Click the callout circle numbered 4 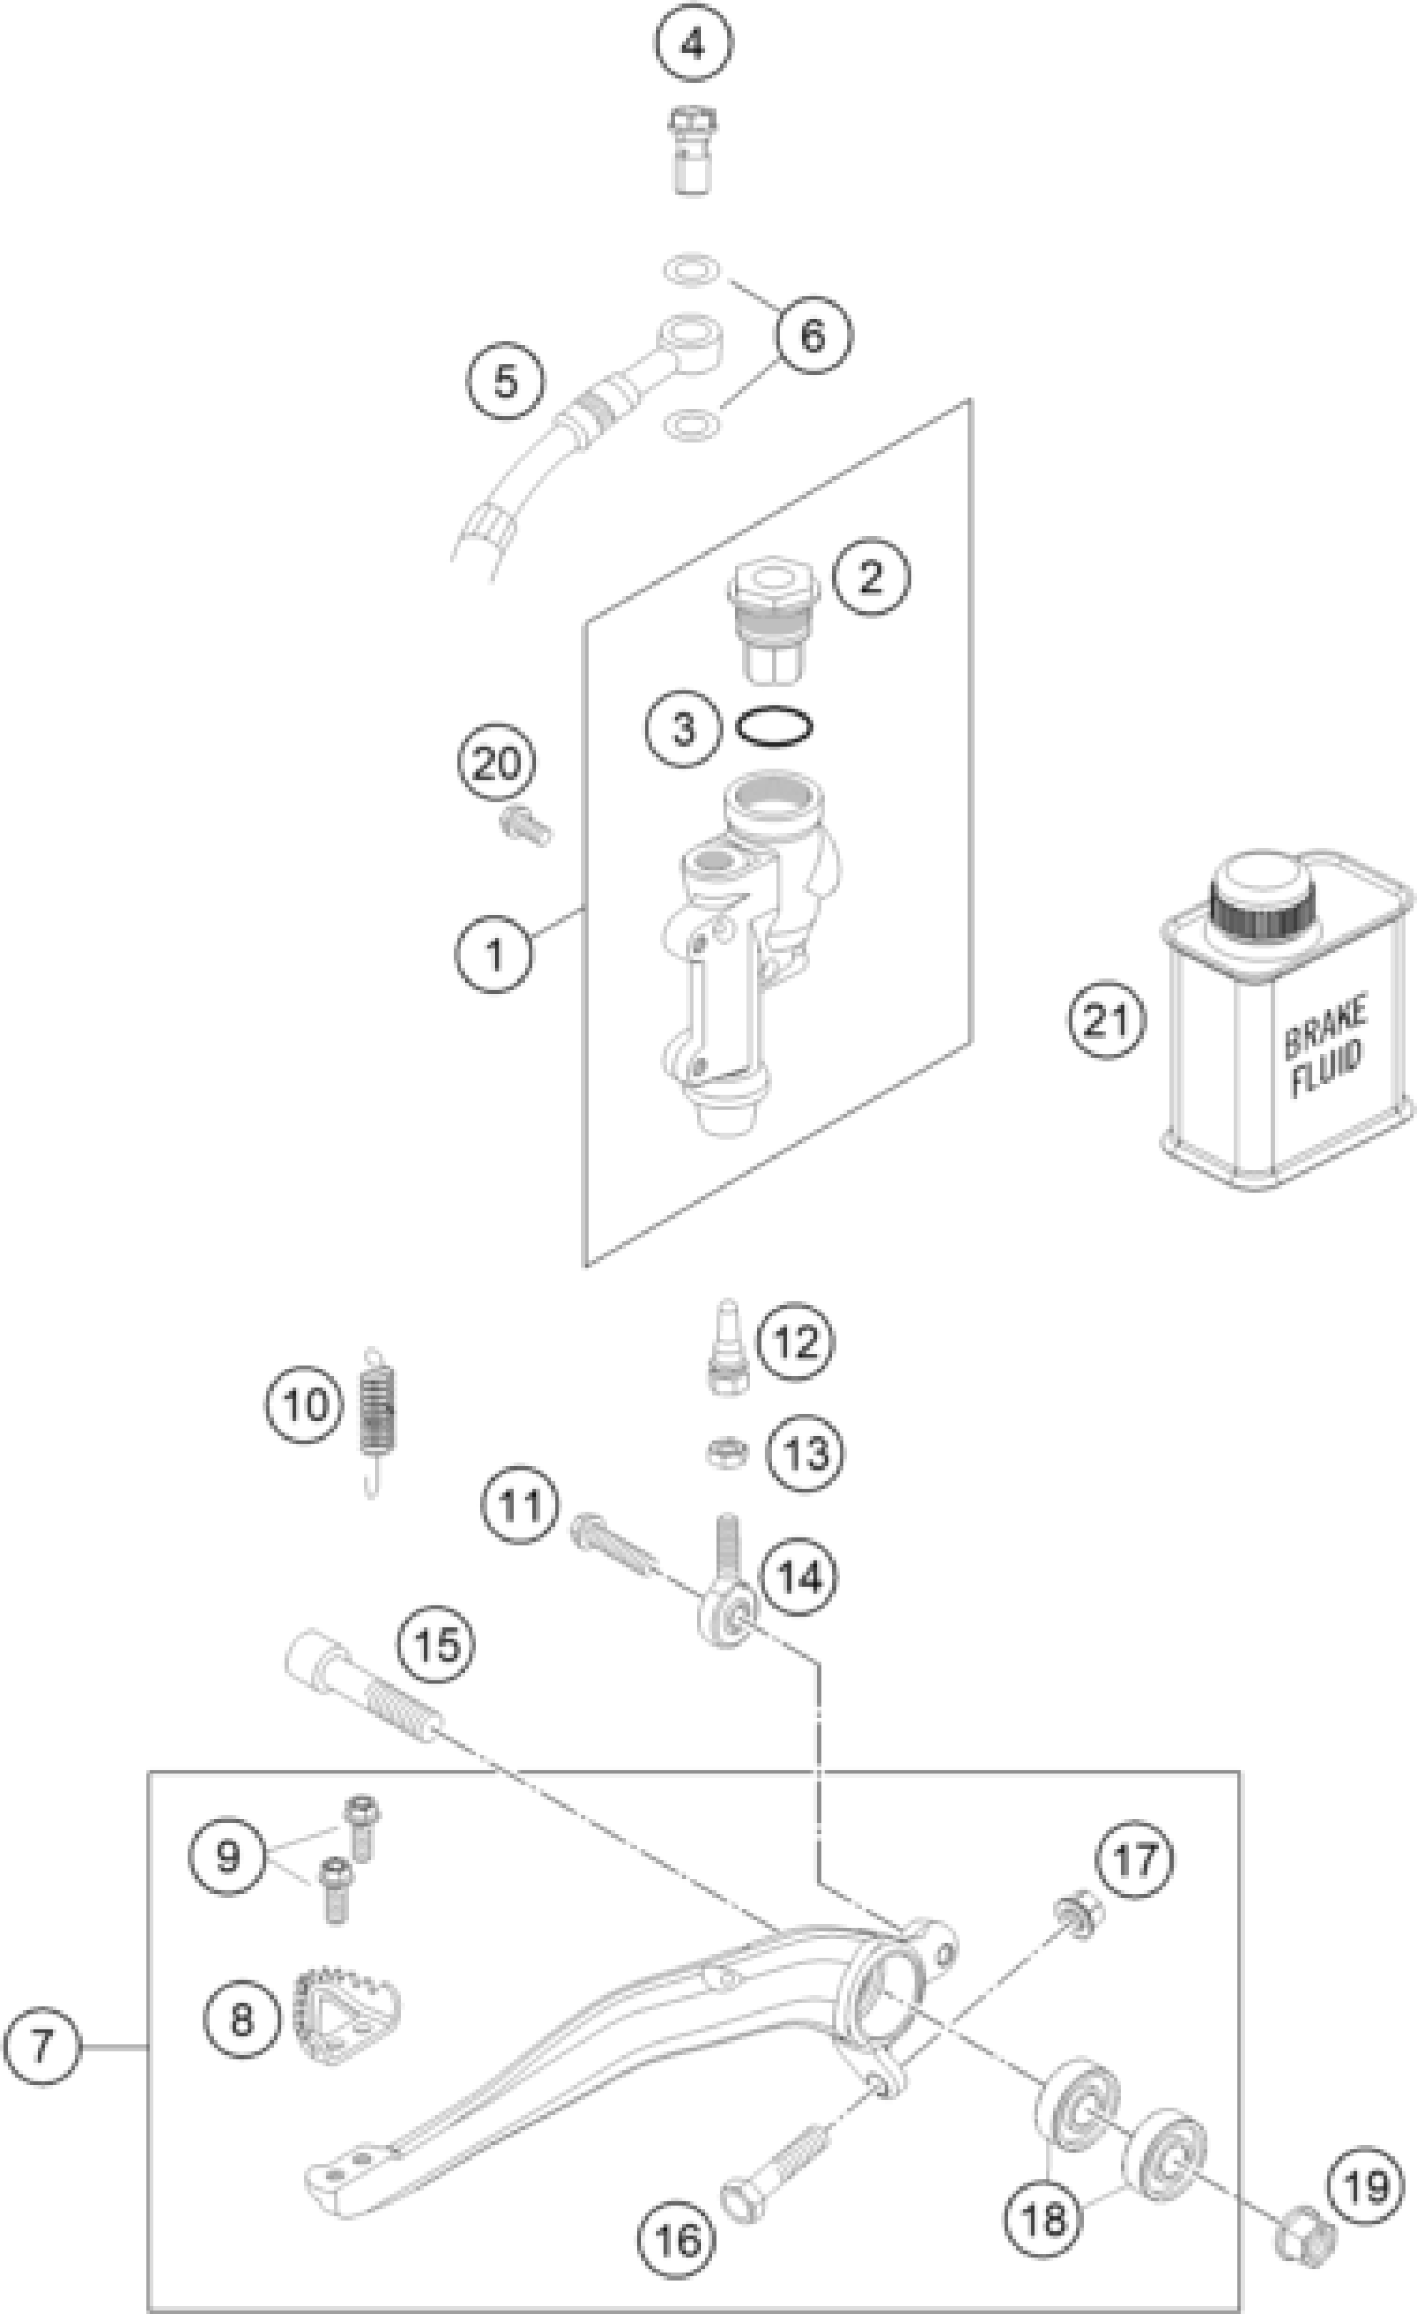point(693,44)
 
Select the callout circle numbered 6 point(812,335)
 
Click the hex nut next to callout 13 point(727,1453)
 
